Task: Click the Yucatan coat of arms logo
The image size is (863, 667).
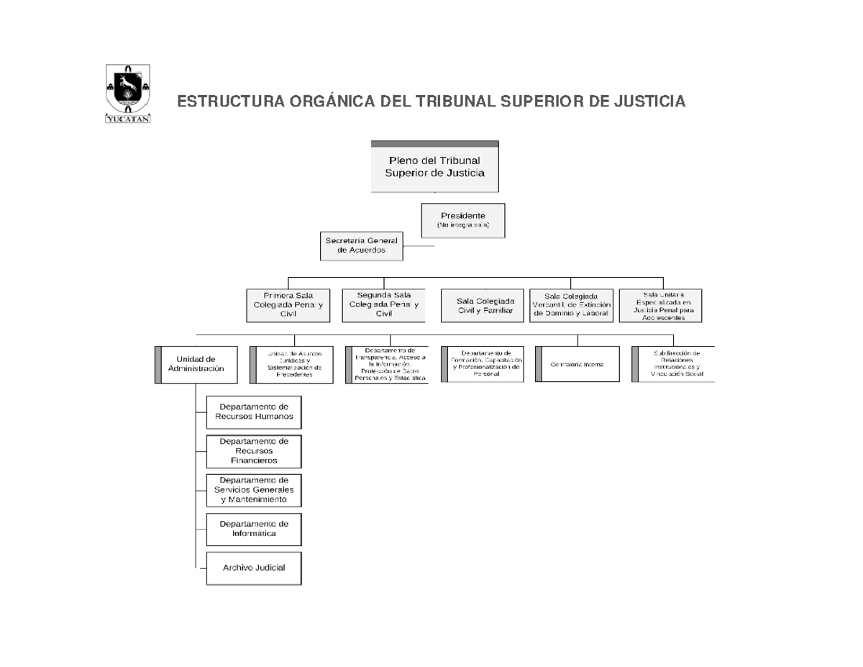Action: [x=129, y=94]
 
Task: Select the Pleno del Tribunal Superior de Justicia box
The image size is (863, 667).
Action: [x=434, y=167]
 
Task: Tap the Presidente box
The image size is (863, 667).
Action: [x=462, y=220]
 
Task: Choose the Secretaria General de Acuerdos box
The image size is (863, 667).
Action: [x=361, y=245]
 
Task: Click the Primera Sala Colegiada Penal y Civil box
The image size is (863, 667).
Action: [x=288, y=304]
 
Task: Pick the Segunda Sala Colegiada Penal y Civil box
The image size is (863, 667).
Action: [x=384, y=304]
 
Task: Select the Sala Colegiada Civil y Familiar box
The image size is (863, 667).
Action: [x=480, y=305]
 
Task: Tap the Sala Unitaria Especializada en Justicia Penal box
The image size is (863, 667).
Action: [x=660, y=305]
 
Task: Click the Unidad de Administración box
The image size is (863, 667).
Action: [x=196, y=364]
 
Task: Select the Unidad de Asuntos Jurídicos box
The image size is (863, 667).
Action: [x=292, y=364]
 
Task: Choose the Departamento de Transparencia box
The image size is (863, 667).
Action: [x=387, y=364]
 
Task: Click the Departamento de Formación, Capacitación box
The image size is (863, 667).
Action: [x=483, y=364]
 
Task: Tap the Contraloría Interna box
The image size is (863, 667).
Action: [x=577, y=364]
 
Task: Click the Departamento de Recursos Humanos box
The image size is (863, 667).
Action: [x=254, y=412]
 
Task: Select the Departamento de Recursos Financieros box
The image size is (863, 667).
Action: [x=254, y=451]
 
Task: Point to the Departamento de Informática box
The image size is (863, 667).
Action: [x=254, y=529]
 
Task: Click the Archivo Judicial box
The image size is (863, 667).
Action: [x=254, y=568]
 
